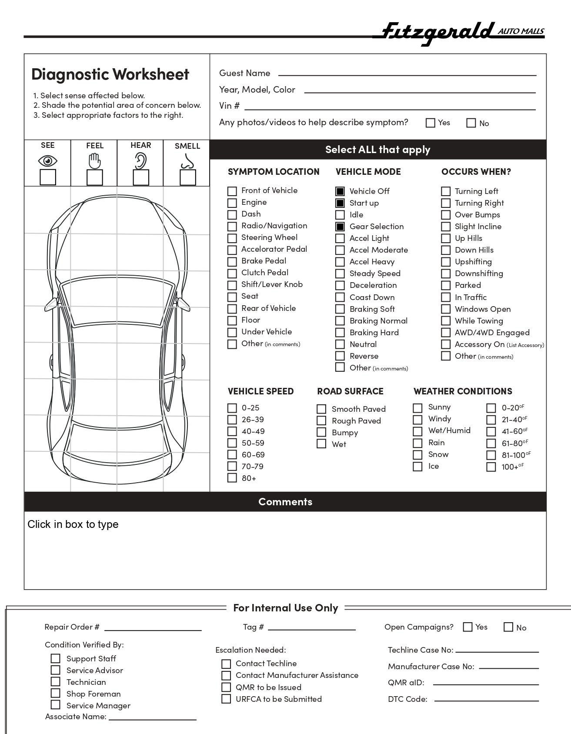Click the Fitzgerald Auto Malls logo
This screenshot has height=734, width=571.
pyautogui.click(x=461, y=33)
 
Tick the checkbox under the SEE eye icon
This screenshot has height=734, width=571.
pyautogui.click(x=48, y=177)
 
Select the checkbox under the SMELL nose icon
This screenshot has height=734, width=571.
pyautogui.click(x=188, y=177)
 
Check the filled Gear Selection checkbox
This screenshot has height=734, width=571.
pyautogui.click(x=340, y=227)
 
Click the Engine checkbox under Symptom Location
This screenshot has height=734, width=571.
pyautogui.click(x=232, y=203)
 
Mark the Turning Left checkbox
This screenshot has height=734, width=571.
pyautogui.click(x=446, y=191)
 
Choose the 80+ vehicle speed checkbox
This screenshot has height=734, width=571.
pyautogui.click(x=232, y=478)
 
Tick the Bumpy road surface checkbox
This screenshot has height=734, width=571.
pyautogui.click(x=321, y=432)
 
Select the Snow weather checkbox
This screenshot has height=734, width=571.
pyautogui.click(x=417, y=455)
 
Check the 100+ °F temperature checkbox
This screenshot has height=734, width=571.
pyautogui.click(x=491, y=467)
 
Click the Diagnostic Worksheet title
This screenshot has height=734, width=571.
pyautogui.click(x=110, y=74)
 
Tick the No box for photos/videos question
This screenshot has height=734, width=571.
pyautogui.click(x=471, y=123)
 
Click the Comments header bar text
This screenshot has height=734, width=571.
pyautogui.click(x=285, y=502)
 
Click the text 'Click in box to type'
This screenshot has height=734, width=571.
pyautogui.click(x=73, y=524)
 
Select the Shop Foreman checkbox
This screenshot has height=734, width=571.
pyautogui.click(x=56, y=693)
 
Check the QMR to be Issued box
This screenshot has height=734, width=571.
pyautogui.click(x=226, y=687)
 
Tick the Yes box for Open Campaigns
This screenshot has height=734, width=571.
pyautogui.click(x=468, y=627)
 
